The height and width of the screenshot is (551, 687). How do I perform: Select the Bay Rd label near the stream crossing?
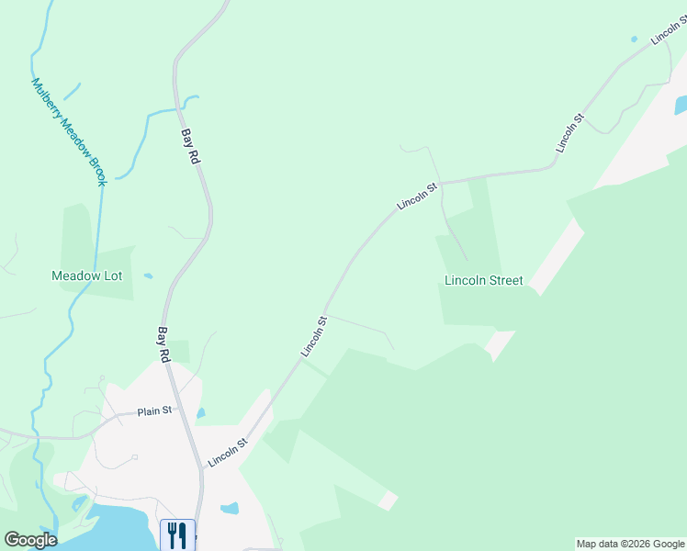(x=190, y=146)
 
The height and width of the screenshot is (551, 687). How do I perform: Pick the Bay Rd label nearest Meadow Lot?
(x=164, y=343)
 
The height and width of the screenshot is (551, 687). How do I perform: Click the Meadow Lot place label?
(x=87, y=275)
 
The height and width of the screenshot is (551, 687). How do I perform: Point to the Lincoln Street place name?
(x=483, y=280)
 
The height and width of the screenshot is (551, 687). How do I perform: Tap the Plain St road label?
(x=155, y=410)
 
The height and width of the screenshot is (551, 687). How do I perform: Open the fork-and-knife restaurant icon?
(x=177, y=534)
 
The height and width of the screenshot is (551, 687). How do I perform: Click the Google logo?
(x=30, y=540)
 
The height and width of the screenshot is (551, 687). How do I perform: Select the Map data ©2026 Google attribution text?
(x=630, y=544)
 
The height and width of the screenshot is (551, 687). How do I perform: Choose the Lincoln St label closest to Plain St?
(x=228, y=452)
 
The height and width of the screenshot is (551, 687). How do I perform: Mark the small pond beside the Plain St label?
(x=200, y=413)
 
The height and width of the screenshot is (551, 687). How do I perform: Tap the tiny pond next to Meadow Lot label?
(x=149, y=275)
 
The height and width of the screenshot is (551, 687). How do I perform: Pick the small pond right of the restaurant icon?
(x=230, y=508)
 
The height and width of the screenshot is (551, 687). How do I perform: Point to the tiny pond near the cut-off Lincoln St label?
(x=634, y=39)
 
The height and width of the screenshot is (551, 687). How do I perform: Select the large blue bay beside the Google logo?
(x=101, y=528)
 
